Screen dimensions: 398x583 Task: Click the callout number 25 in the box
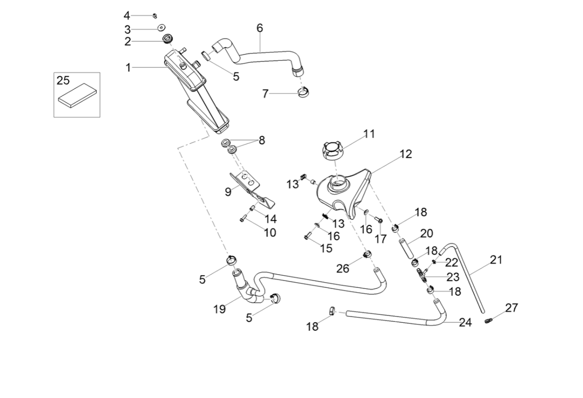click(x=63, y=80)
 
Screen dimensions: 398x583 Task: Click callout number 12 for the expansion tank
click(x=405, y=155)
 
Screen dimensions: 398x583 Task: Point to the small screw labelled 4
click(x=154, y=15)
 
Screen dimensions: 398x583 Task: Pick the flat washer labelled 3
click(x=160, y=28)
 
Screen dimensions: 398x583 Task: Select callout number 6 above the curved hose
click(x=260, y=28)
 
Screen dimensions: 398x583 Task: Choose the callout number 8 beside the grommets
click(x=261, y=140)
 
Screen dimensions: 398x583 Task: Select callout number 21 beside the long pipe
click(x=496, y=260)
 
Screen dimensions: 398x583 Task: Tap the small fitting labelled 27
click(x=489, y=320)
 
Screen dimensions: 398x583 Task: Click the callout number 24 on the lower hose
click(x=465, y=322)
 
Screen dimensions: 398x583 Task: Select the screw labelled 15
click(x=308, y=236)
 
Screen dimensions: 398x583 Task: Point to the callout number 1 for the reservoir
click(x=128, y=67)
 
